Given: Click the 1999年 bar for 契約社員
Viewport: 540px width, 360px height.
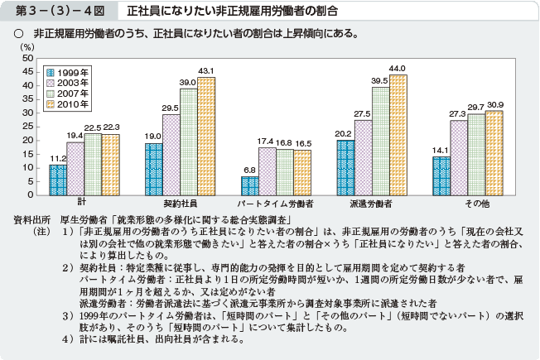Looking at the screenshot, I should click(154, 169).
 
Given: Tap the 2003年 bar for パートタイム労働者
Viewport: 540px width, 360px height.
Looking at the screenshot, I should click(267, 171).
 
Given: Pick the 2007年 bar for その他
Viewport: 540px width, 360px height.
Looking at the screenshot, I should click(475, 154).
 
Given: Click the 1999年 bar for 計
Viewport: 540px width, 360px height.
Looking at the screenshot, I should click(57, 180).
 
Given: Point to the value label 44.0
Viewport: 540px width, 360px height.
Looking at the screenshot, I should click(399, 68).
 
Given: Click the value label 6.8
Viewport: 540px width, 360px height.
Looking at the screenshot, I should click(249, 170).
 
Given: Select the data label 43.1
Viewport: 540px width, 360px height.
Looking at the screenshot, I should click(205, 70).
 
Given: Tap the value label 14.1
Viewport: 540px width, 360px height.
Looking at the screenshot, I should click(440, 150).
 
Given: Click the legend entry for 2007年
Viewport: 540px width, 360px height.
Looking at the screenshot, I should click(70, 94).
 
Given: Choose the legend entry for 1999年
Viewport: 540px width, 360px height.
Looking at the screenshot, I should click(70, 72).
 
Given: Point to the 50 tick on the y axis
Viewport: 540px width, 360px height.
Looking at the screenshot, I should click(29, 59).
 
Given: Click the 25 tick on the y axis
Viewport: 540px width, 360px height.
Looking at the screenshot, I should click(29, 127).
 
